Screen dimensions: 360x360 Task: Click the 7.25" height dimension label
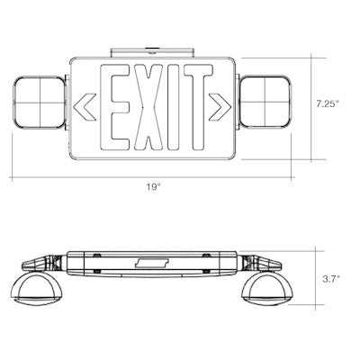coord(328,103)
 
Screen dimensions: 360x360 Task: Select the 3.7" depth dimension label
coord(330,279)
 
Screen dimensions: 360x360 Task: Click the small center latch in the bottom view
coord(153,263)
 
